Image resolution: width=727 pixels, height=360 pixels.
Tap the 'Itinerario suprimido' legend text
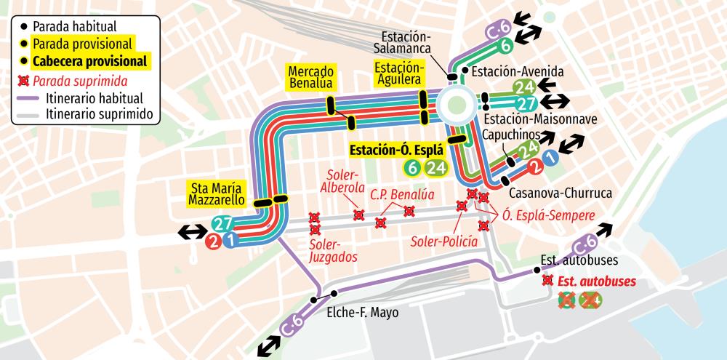pos(97,114)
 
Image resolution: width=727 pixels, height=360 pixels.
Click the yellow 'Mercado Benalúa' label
pos(310,78)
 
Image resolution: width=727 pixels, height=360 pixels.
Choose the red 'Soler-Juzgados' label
pos(332,250)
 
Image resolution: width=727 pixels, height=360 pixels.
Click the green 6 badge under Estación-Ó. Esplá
pos(412,168)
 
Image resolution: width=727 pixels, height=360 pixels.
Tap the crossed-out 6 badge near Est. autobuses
pos(568,300)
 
